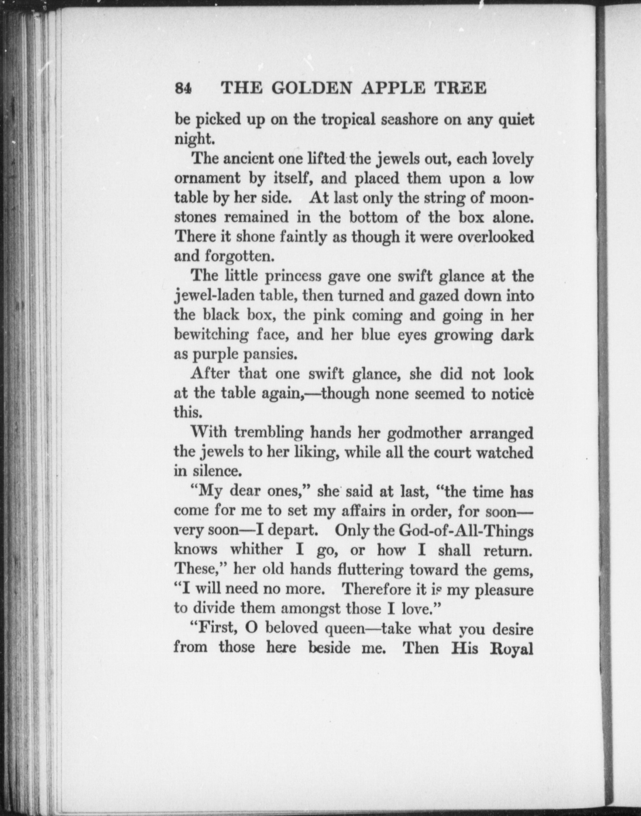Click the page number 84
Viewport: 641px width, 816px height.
pos(183,88)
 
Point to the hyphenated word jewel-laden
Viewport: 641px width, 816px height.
pos(214,296)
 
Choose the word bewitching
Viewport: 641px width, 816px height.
pos(211,335)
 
